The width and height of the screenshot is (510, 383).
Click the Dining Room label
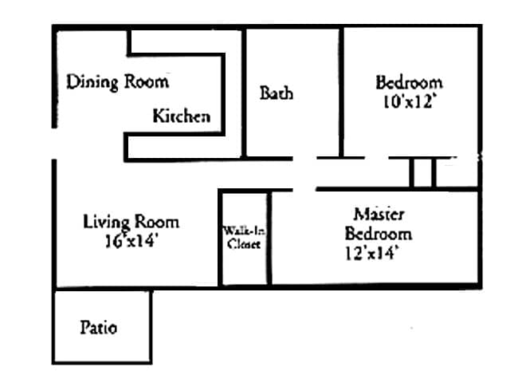117,81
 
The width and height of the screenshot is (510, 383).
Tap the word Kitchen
182,116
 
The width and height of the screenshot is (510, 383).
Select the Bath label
277,93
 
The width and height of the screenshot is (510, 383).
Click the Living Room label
131,222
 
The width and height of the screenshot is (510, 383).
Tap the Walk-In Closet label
244,238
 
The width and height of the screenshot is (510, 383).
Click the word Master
379,215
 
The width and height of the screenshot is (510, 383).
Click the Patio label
99,327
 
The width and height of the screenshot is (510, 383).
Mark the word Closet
244,245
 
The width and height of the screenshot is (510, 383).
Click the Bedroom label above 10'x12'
409,83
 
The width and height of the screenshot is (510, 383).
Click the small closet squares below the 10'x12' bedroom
422,173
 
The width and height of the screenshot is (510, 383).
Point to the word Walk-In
244,231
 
